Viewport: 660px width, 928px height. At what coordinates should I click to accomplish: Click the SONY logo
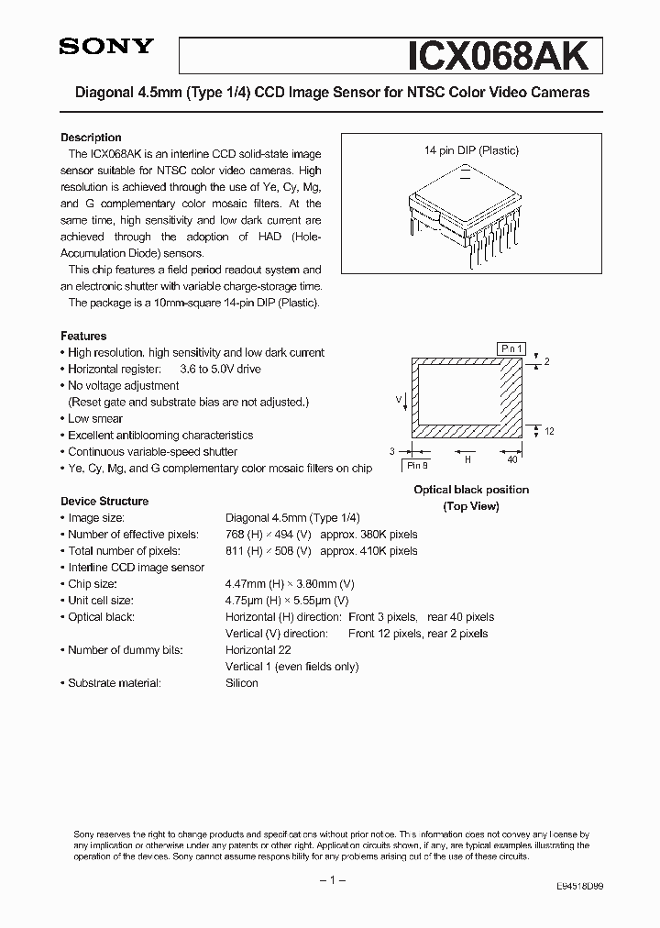point(106,48)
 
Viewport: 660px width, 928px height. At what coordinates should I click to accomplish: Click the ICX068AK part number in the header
point(502,54)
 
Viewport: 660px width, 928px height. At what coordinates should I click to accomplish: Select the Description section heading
point(91,137)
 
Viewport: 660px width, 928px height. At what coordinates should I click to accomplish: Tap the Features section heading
point(83,336)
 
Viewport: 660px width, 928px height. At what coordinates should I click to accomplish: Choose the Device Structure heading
point(104,501)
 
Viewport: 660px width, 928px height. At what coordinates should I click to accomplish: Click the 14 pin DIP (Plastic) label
point(471,149)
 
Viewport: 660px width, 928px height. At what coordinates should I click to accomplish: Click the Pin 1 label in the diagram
point(511,348)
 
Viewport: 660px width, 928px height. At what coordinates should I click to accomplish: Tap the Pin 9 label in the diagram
point(418,466)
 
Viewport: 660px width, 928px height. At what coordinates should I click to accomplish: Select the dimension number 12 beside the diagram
point(549,431)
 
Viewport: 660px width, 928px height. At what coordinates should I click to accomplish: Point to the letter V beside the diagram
point(398,399)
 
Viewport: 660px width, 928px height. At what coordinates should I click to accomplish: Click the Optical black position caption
point(471,490)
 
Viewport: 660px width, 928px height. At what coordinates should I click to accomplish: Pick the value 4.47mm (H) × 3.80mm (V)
point(290,583)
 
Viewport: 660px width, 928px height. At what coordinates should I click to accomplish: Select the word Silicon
point(242,682)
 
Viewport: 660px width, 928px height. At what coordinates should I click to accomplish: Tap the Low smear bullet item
point(95,418)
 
